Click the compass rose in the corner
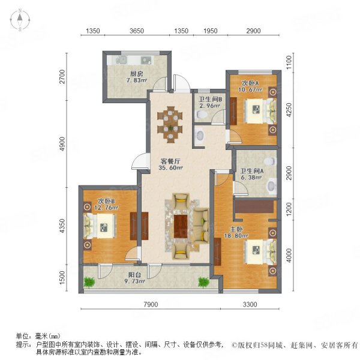tap(20, 20)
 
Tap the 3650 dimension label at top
tap(137, 31)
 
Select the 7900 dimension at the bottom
tap(151, 304)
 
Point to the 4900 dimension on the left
tap(62, 144)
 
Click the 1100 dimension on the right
tap(289, 62)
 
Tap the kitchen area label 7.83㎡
tap(137, 80)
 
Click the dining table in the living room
tap(170, 124)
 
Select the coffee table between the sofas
tap(181, 226)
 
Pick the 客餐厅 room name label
tap(170, 161)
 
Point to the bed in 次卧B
tap(100, 226)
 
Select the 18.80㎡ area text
tap(236, 236)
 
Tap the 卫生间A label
tap(252, 171)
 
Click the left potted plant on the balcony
tap(89, 282)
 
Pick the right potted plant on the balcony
tap(203, 282)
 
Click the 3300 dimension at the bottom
tap(250, 304)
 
